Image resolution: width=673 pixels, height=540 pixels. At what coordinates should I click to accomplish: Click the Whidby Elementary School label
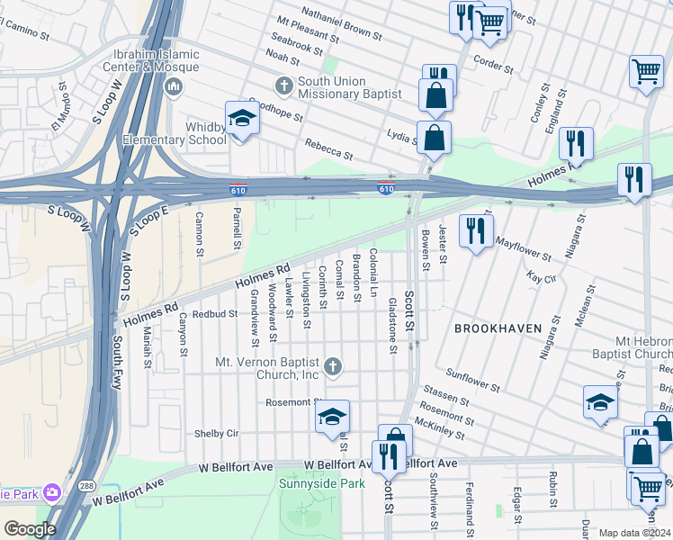(206, 133)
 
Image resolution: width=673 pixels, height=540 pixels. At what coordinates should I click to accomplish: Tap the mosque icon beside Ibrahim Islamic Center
(174, 86)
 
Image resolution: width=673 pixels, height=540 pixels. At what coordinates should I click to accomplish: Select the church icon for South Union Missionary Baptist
(284, 86)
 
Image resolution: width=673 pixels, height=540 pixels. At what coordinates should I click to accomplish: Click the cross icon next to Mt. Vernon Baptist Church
(333, 365)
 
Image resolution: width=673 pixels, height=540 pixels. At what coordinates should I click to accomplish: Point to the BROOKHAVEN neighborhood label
(498, 328)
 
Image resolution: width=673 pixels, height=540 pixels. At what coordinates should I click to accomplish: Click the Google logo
(30, 529)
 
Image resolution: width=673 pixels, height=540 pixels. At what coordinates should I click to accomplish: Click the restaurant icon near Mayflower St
(475, 230)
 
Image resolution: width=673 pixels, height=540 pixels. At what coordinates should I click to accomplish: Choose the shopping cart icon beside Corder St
(489, 22)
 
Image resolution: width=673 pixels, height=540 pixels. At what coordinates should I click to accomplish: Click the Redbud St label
(214, 315)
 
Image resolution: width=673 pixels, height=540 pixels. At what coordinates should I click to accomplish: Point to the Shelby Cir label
(216, 433)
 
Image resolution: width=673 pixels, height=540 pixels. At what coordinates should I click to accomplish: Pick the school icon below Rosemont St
(332, 417)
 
